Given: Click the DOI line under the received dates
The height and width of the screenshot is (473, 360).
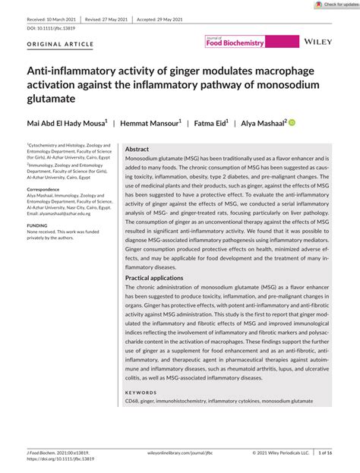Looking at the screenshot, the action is pos(47,27).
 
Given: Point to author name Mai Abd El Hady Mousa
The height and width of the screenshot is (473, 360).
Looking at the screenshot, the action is pos(66,121).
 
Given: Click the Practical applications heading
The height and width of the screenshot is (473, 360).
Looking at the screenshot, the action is pos(159,299).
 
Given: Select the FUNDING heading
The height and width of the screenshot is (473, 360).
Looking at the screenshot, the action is pos(37,225).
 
